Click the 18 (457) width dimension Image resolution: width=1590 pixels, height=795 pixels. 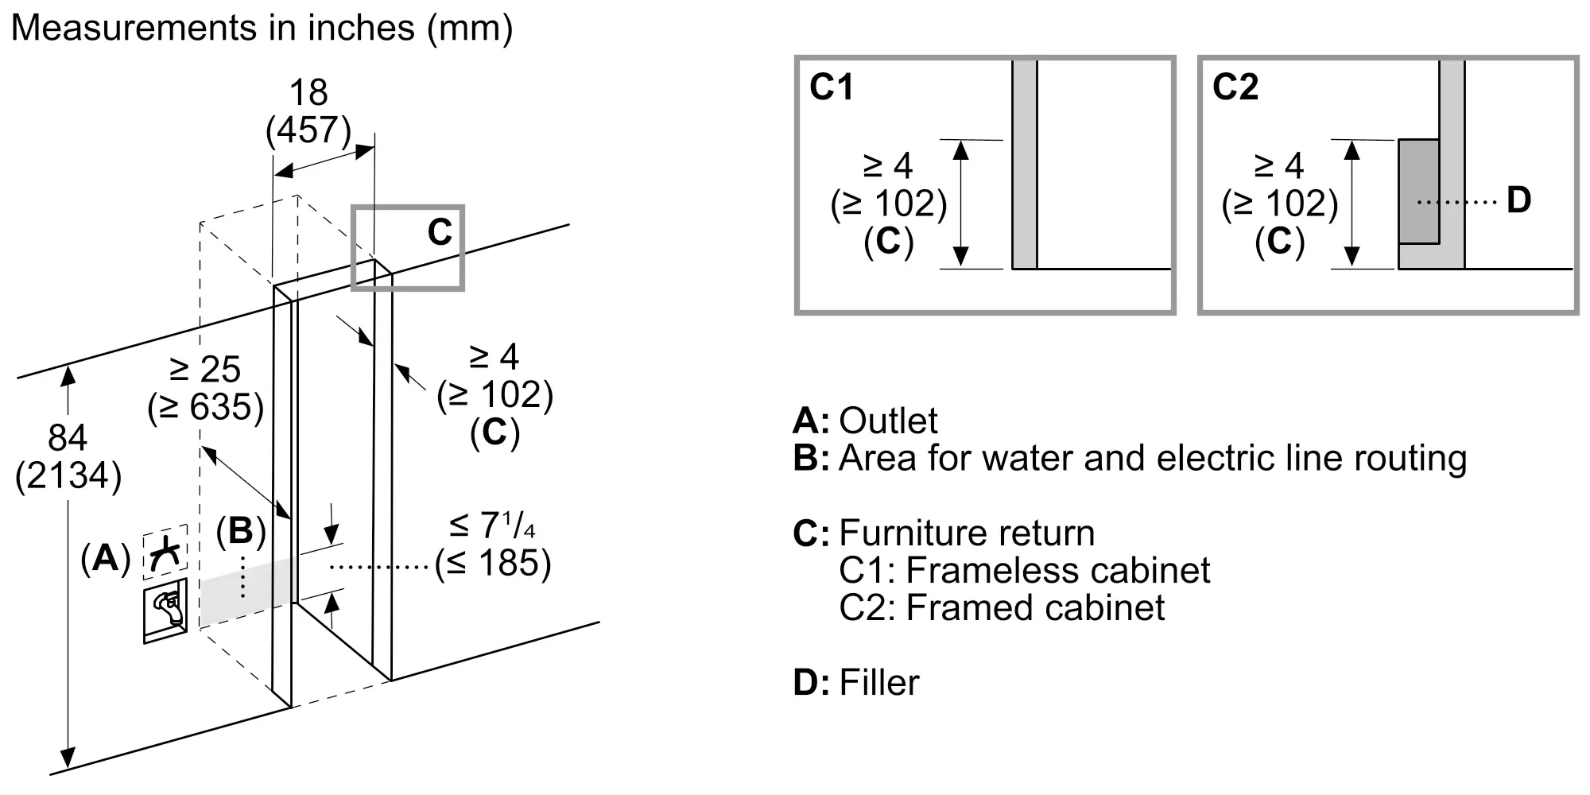(x=308, y=111)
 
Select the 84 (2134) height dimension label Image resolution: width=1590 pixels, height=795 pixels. (x=68, y=456)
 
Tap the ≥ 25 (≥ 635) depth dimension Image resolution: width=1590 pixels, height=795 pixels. (x=205, y=388)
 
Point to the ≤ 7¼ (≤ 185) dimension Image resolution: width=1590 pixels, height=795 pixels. (x=493, y=545)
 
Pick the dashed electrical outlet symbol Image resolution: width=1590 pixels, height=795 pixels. (x=165, y=549)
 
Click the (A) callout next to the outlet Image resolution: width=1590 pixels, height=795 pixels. (x=105, y=559)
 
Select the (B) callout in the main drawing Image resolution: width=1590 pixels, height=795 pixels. (x=241, y=531)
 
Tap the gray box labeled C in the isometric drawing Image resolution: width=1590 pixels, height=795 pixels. (x=408, y=247)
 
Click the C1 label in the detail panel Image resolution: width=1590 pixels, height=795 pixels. (x=831, y=87)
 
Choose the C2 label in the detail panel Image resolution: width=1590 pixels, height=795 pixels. (x=1235, y=87)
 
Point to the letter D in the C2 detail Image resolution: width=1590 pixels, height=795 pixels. (x=1518, y=200)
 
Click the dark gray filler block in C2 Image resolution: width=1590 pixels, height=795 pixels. (x=1418, y=192)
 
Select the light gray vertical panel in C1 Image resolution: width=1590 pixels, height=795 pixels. (x=1025, y=165)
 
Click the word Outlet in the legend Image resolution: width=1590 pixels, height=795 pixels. (x=888, y=421)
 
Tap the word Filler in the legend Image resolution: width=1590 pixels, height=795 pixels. (x=879, y=683)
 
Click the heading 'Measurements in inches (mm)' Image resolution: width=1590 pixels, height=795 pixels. (x=262, y=29)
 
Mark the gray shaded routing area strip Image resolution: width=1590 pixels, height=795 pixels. (x=246, y=591)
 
